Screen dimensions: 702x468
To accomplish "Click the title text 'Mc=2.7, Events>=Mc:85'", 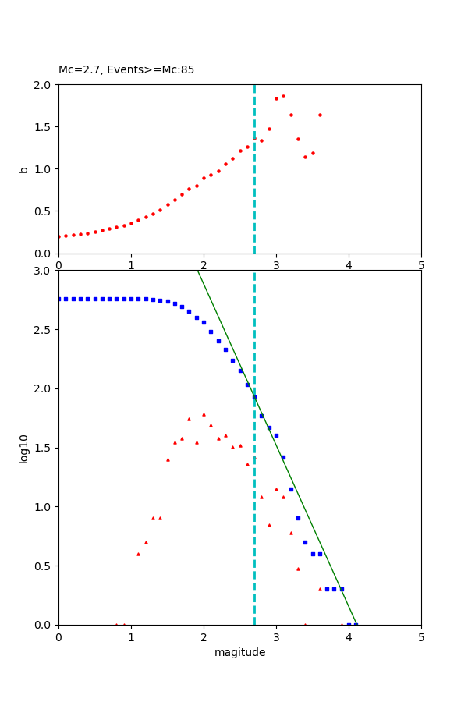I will coord(126,70).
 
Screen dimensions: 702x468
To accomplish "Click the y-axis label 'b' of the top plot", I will coord(24,169).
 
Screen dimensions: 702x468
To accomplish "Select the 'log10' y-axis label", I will coord(24,448).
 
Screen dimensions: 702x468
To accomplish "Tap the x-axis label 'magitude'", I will coord(239,653).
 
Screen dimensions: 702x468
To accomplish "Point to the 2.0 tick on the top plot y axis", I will coord(44,85).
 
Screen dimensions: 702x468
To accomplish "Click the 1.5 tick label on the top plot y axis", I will coord(44,127).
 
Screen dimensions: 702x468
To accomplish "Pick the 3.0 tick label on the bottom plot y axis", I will coord(44,271).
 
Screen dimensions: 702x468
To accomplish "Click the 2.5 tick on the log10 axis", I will coord(44,330).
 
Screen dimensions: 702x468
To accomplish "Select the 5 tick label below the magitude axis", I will coord(421,637).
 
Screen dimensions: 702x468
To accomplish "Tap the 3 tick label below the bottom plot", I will coord(276,637).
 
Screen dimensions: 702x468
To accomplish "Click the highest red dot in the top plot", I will coord(283,96).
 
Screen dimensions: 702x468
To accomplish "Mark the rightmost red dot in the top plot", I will coord(320,115).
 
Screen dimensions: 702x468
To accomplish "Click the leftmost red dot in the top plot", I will coord(59,236).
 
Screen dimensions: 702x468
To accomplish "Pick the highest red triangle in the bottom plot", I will coord(204,414).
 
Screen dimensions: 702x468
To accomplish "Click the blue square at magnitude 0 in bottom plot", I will coord(59,299).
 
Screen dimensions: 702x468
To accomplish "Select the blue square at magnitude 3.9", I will coord(342,589).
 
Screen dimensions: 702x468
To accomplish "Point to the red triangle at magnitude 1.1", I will coord(138,554).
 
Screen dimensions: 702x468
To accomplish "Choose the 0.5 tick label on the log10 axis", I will coord(44,566).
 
